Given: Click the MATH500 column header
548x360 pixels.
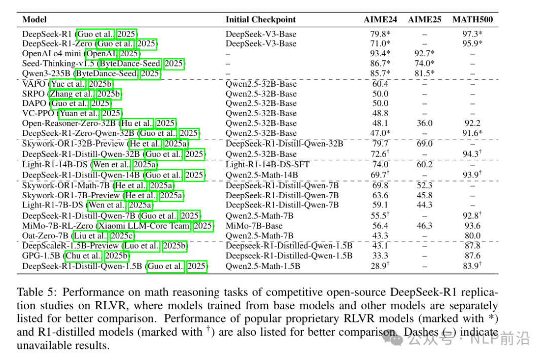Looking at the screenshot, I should click(x=472, y=20).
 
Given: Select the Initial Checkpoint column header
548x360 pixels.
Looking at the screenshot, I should click(x=260, y=20).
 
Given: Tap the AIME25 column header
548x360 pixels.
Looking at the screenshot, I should click(x=424, y=20).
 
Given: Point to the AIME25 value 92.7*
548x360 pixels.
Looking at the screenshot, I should click(x=424, y=54).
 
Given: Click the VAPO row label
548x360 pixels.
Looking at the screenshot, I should click(x=35, y=84).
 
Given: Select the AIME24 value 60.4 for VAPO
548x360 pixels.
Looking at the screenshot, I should click(x=380, y=84).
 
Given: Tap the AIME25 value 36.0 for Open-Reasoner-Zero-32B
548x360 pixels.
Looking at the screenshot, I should click(x=424, y=123).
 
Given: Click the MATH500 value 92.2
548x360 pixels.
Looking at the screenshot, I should click(x=472, y=123).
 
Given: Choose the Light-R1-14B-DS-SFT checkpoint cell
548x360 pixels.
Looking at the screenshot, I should click(x=267, y=164).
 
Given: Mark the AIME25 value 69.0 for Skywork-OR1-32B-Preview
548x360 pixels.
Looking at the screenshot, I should click(x=424, y=144).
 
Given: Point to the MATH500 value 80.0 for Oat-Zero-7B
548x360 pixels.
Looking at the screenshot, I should click(x=472, y=236).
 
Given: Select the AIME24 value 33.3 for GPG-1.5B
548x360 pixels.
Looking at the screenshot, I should click(x=380, y=256).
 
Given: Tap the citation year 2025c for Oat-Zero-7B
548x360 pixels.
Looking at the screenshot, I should click(x=122, y=236).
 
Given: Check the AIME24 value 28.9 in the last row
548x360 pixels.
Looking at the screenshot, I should click(x=378, y=266).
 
